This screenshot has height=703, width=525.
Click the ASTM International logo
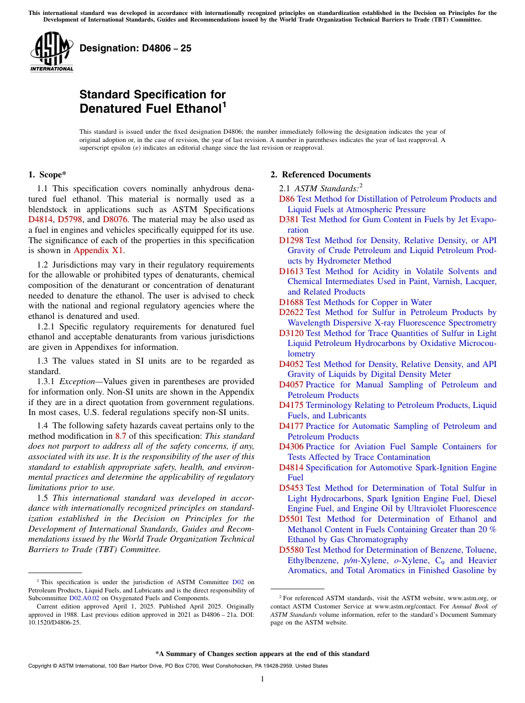coord(51,52)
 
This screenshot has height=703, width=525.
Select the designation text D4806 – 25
coord(135,48)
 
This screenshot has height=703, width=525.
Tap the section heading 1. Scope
coord(48,175)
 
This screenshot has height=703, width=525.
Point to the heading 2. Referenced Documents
coord(321,175)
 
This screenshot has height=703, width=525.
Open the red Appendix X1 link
coord(99,250)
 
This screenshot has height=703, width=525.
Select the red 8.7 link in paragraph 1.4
coord(120,436)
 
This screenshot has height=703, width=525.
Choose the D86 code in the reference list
coord(287,199)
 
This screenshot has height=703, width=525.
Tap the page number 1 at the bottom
coord(262,679)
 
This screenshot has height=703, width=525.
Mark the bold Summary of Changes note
coord(262,654)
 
